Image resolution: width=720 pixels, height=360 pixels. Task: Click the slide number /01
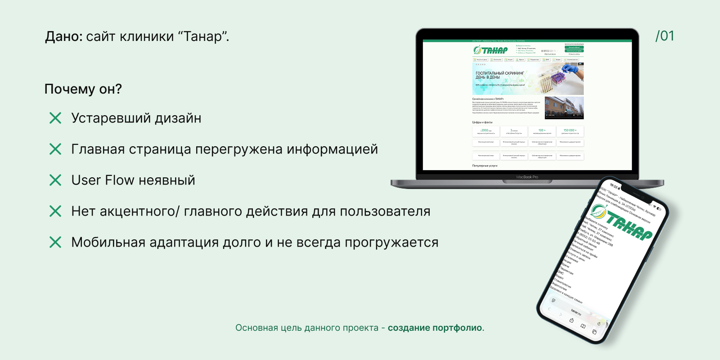pos(665,36)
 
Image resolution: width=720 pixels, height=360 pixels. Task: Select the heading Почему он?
pos(83,89)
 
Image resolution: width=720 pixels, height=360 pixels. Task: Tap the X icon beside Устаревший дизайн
pos(55,118)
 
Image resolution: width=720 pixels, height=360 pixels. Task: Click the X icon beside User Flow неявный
pos(55,180)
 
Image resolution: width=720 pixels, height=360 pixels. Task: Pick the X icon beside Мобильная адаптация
pos(55,243)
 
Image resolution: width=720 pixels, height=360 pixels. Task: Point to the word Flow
pos(119,180)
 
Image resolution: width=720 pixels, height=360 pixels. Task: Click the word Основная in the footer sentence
pos(256,328)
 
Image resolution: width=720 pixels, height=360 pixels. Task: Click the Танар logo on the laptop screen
pos(490,50)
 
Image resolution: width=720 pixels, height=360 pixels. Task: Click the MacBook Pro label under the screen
pos(527,177)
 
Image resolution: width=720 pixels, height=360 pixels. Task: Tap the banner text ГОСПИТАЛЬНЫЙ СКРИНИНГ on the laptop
pos(499,73)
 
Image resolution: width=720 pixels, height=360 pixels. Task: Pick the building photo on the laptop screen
pos(564,108)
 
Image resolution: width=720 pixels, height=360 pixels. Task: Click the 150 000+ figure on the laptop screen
pos(570,130)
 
